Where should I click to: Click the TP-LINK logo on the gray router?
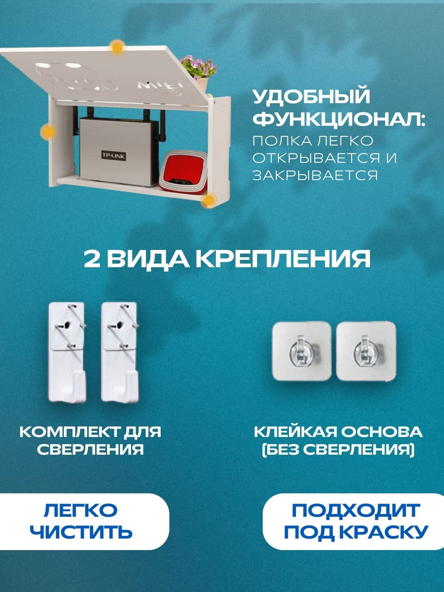click(114, 155)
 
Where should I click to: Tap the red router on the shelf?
click(184, 172)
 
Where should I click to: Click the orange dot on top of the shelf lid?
click(118, 48)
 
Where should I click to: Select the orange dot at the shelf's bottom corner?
click(209, 201)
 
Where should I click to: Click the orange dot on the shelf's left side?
click(48, 132)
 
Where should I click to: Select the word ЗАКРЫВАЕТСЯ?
click(315, 176)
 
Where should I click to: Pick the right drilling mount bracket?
click(119, 352)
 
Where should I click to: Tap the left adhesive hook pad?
click(302, 351)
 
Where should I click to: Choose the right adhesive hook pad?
click(366, 351)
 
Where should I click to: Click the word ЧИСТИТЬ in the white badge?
click(81, 532)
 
